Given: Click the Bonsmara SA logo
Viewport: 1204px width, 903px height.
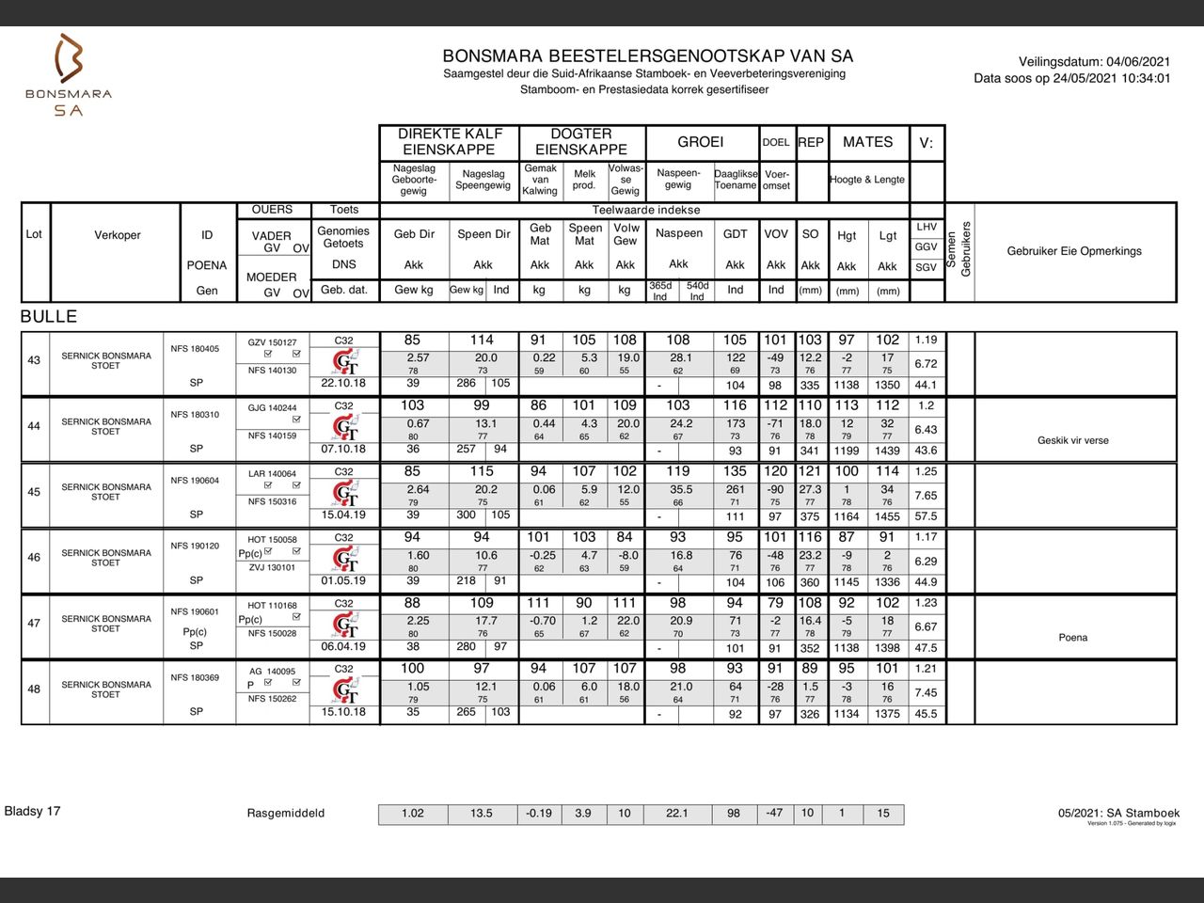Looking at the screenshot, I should pos(69,75).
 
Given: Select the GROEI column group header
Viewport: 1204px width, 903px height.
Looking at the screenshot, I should pos(701,142).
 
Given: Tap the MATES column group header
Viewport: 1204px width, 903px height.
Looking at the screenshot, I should pos(867,142).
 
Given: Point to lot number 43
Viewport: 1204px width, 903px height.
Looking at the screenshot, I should pos(34,361).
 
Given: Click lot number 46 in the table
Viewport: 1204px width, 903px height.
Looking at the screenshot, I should pos(34,558).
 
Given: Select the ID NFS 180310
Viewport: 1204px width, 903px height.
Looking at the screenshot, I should pos(195,415).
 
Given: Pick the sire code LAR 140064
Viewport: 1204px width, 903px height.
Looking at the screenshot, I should pos(272,474).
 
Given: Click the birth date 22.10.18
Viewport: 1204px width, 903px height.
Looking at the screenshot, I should pos(343,384).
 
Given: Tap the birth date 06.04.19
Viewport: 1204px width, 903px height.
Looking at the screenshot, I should pos(343,647).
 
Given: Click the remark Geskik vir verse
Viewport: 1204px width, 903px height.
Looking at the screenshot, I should pos(1073,440).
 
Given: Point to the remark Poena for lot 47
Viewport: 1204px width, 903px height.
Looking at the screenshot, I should pos(1073,638).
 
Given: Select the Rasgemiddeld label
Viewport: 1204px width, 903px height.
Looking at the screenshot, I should pos(286,814).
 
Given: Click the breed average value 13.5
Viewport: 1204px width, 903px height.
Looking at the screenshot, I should pos(482,814).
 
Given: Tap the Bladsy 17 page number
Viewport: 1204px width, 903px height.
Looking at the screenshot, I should pos(33,811).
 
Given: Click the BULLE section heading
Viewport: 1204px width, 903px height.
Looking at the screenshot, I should pos(49,317).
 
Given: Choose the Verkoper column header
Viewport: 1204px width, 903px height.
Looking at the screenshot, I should pos(118,235).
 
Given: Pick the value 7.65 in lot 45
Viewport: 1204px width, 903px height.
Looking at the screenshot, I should pos(926,496).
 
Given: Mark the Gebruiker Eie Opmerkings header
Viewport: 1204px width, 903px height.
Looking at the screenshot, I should pos(1074,251).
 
